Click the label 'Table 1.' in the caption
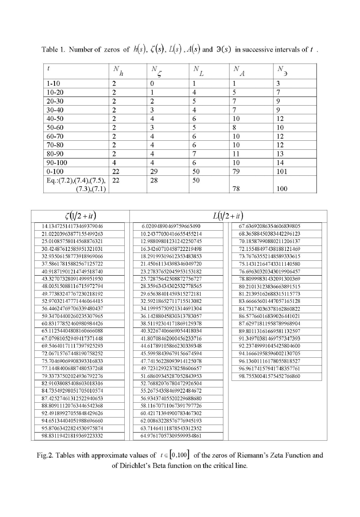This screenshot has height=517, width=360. click(53, 50)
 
